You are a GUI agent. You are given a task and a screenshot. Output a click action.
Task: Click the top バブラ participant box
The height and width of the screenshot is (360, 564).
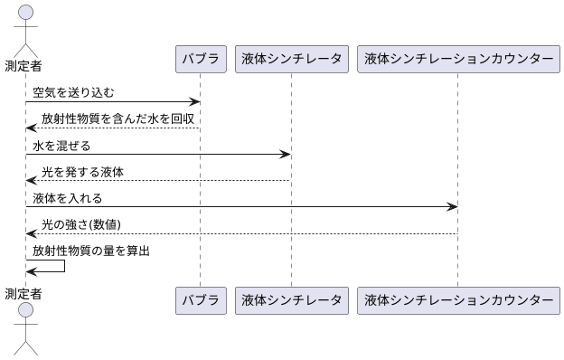pyautogui.click(x=200, y=59)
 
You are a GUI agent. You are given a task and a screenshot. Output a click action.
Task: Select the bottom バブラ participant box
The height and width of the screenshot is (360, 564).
pyautogui.click(x=200, y=299)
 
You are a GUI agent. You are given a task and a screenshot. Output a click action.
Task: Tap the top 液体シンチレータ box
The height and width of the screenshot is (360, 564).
pyautogui.click(x=291, y=59)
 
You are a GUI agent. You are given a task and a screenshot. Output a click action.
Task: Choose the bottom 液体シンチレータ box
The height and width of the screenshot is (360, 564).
pyautogui.click(x=291, y=299)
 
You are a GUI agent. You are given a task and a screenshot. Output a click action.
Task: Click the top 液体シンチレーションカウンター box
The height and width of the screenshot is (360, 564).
pyautogui.click(x=457, y=59)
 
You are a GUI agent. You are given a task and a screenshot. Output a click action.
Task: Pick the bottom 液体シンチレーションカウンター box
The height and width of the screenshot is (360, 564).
pyautogui.click(x=457, y=299)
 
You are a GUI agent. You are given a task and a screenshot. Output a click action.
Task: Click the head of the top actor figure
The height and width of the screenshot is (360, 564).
pyautogui.click(x=26, y=12)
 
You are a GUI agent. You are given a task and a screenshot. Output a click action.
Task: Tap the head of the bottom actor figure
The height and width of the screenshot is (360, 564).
pyautogui.click(x=26, y=312)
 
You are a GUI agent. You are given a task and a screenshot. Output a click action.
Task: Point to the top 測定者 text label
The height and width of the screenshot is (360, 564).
pyautogui.click(x=23, y=65)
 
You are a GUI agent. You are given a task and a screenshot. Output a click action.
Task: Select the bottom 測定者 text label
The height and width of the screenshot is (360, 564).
pyautogui.click(x=23, y=293)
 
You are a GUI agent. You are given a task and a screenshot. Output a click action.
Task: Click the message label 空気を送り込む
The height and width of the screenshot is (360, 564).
pyautogui.click(x=73, y=93)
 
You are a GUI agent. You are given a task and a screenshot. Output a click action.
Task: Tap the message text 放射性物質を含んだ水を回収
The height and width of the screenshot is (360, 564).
pyautogui.click(x=117, y=119)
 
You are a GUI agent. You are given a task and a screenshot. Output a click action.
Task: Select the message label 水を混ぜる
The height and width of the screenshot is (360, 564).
pyautogui.click(x=61, y=146)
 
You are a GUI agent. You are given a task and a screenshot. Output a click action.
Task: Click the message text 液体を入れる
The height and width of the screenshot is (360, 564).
pyautogui.click(x=67, y=198)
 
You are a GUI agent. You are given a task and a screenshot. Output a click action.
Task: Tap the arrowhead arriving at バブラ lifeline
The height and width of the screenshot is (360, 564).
pyautogui.click(x=194, y=102)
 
